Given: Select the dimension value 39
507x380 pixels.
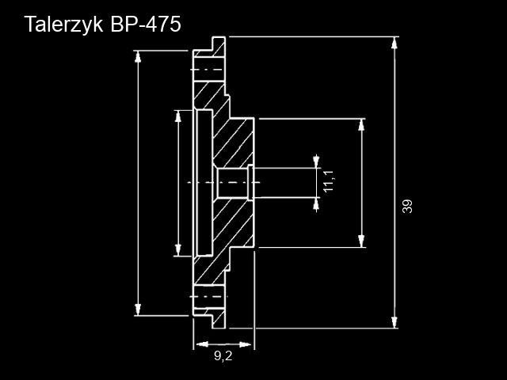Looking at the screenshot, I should [x=407, y=206].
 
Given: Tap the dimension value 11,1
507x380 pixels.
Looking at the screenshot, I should [x=329, y=181].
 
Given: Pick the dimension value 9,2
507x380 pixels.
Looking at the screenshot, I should [x=223, y=357].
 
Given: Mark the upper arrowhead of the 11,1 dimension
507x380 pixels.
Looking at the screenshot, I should [x=317, y=162].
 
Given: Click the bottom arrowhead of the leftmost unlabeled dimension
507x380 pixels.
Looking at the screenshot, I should [x=139, y=310].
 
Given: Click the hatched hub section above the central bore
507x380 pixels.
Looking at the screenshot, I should [x=234, y=142].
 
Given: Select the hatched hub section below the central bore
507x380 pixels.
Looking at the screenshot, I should [x=234, y=226].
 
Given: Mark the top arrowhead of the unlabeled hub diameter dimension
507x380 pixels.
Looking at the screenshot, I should [x=362, y=125].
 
